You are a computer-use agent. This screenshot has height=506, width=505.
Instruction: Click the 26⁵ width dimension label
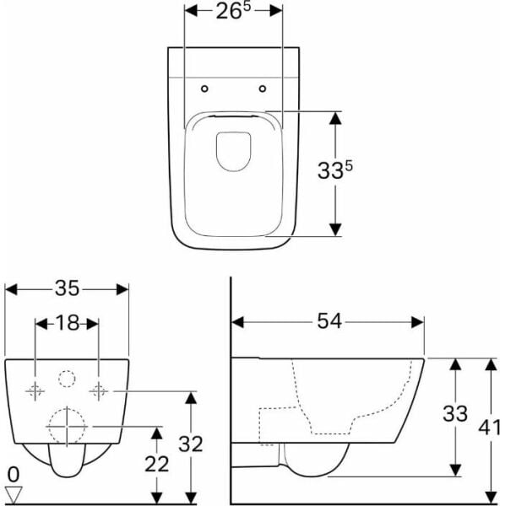(233, 11)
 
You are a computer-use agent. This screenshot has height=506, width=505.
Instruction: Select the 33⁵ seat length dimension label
(335, 170)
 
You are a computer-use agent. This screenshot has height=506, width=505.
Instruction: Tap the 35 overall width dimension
(67, 288)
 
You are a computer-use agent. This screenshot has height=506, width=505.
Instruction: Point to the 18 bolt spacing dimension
(68, 323)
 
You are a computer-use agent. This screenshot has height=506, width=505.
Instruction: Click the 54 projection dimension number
(329, 321)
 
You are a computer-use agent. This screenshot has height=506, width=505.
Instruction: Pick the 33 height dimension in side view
(455, 413)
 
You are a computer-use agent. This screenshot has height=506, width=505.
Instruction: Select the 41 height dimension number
(489, 428)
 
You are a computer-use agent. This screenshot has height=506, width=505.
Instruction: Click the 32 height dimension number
(191, 444)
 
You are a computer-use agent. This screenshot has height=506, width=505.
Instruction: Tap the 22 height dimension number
(157, 464)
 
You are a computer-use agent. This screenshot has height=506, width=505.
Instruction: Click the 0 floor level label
(14, 475)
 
